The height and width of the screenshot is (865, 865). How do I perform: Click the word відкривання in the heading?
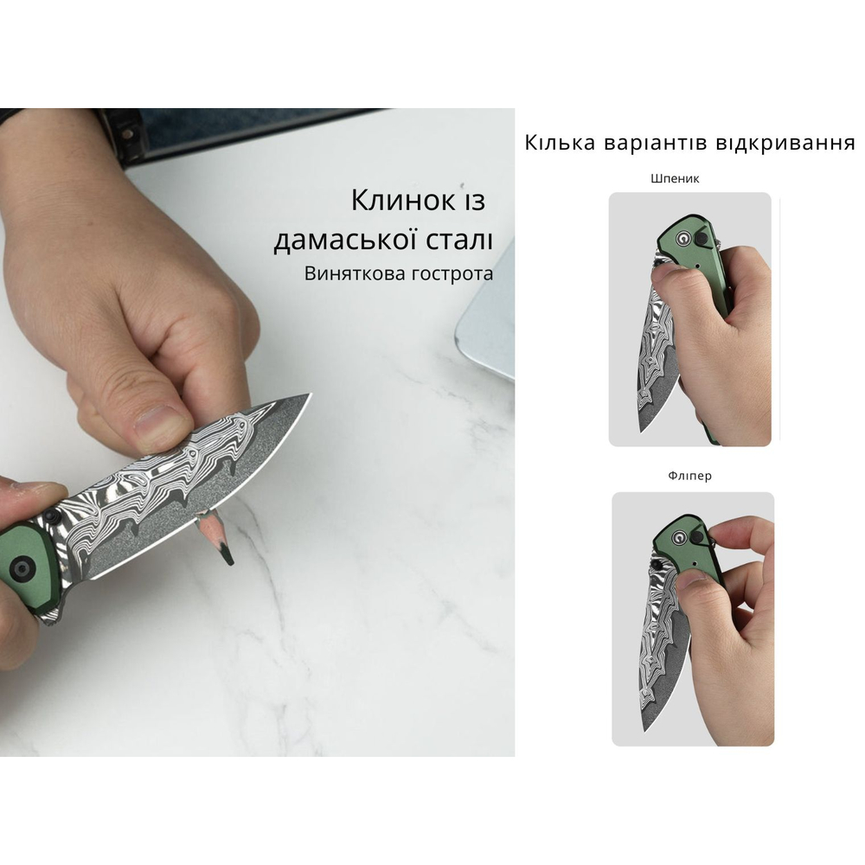[x=785, y=144]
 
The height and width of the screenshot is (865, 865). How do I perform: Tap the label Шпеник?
[x=675, y=179]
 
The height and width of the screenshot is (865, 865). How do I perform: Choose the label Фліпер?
[x=690, y=476]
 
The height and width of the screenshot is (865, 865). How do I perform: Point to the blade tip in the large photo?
[x=307, y=397]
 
